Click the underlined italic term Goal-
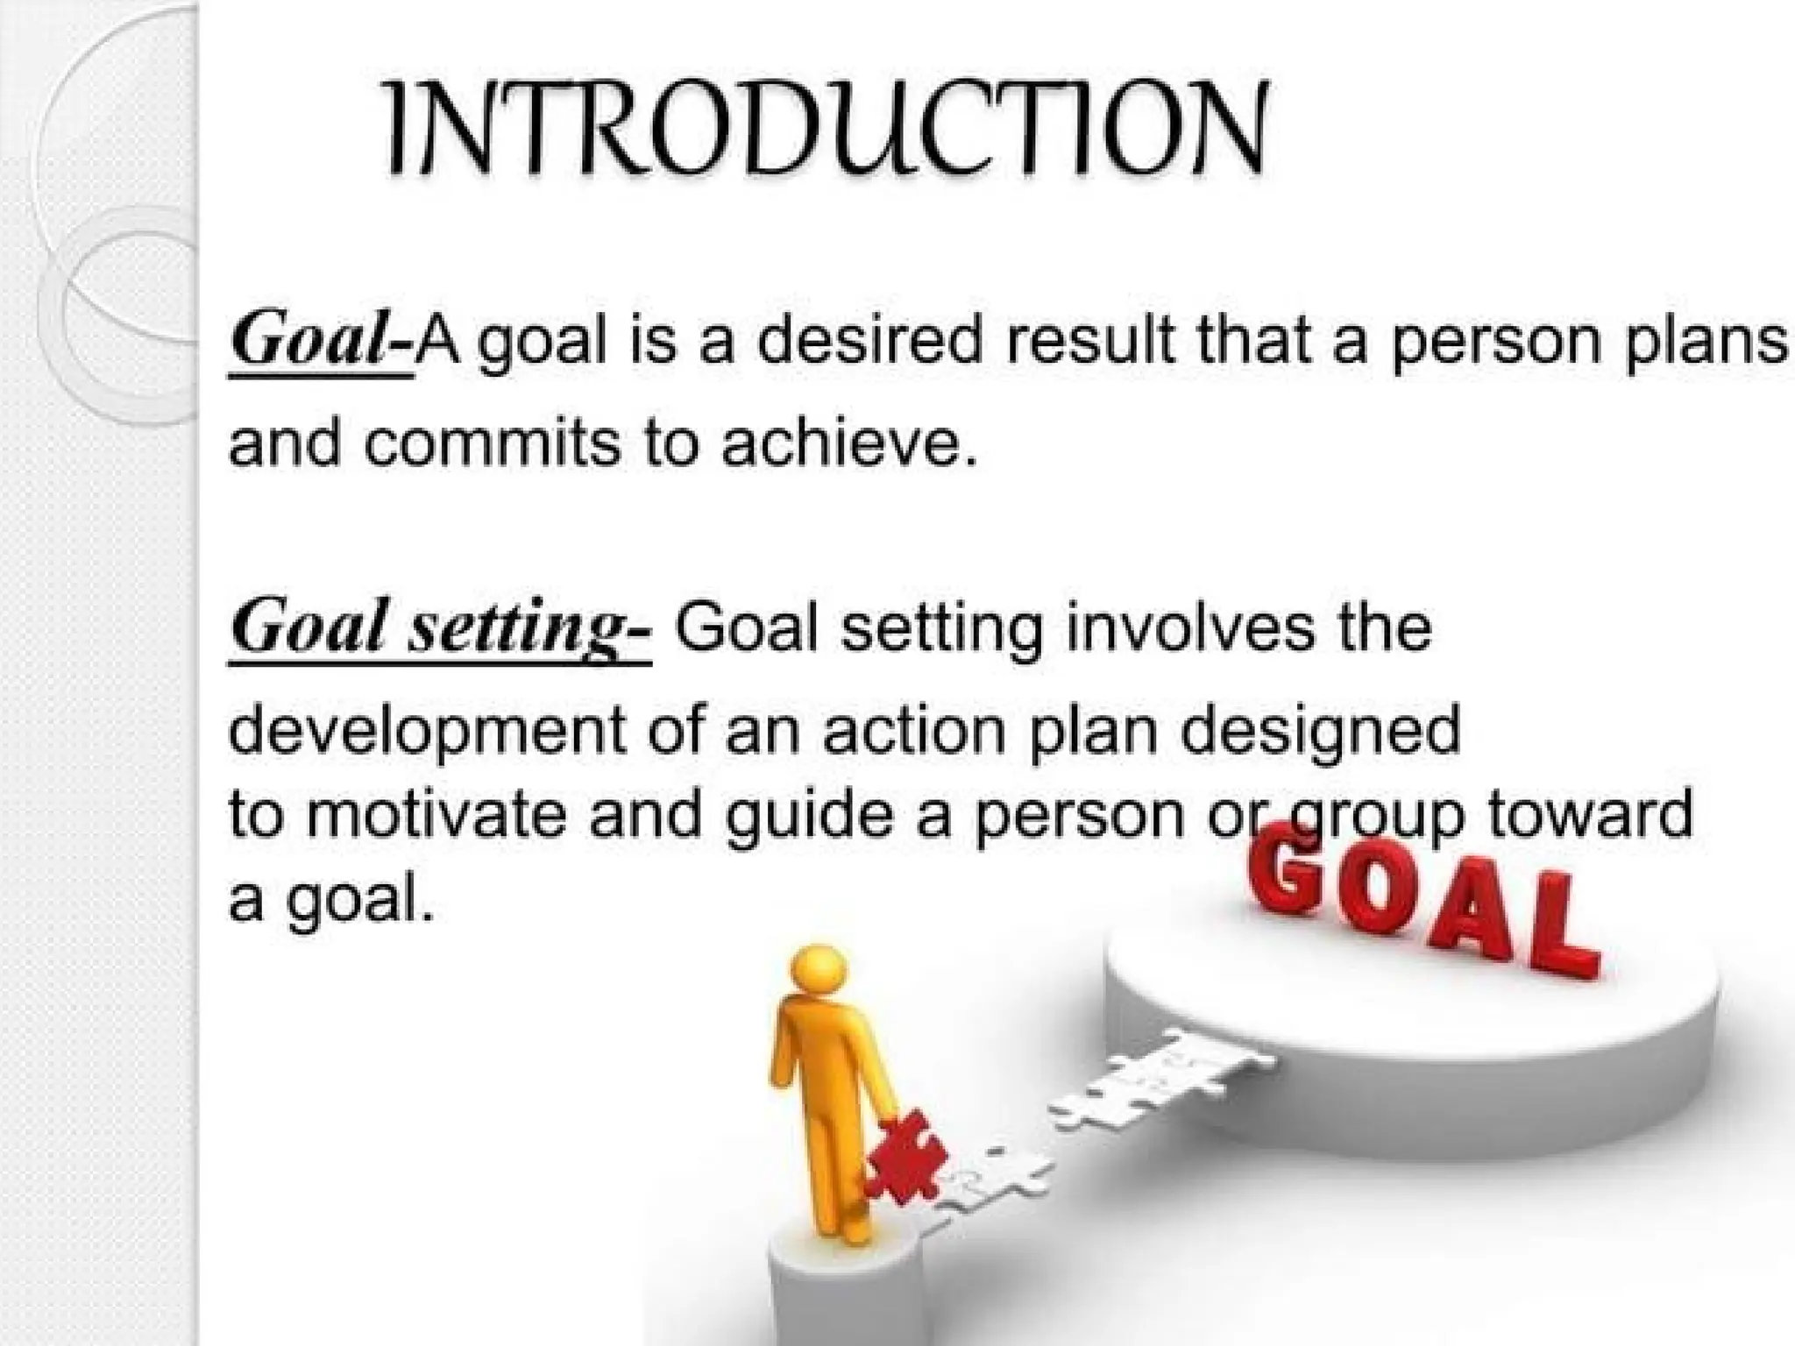pos(319,343)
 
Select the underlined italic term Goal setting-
pos(440,630)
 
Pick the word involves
pos(1189,628)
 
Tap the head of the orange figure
pos(817,971)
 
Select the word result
pos(1088,341)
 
